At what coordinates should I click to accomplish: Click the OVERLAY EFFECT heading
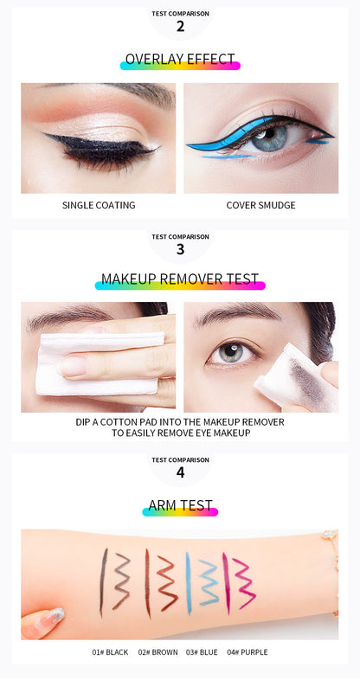click(180, 60)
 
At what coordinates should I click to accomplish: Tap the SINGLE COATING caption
click(99, 205)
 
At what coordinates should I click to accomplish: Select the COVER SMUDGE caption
click(260, 205)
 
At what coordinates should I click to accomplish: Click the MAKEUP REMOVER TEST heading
click(180, 279)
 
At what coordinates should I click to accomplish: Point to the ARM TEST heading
click(180, 506)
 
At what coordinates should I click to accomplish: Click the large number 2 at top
click(180, 27)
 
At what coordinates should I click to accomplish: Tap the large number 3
click(180, 249)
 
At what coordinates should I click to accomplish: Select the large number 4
click(180, 473)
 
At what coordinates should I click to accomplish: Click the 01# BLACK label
click(110, 652)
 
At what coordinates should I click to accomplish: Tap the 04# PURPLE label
click(247, 652)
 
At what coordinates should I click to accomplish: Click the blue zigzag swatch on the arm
click(209, 581)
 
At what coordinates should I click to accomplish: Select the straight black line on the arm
click(102, 581)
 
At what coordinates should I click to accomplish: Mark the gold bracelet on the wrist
click(331, 554)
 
